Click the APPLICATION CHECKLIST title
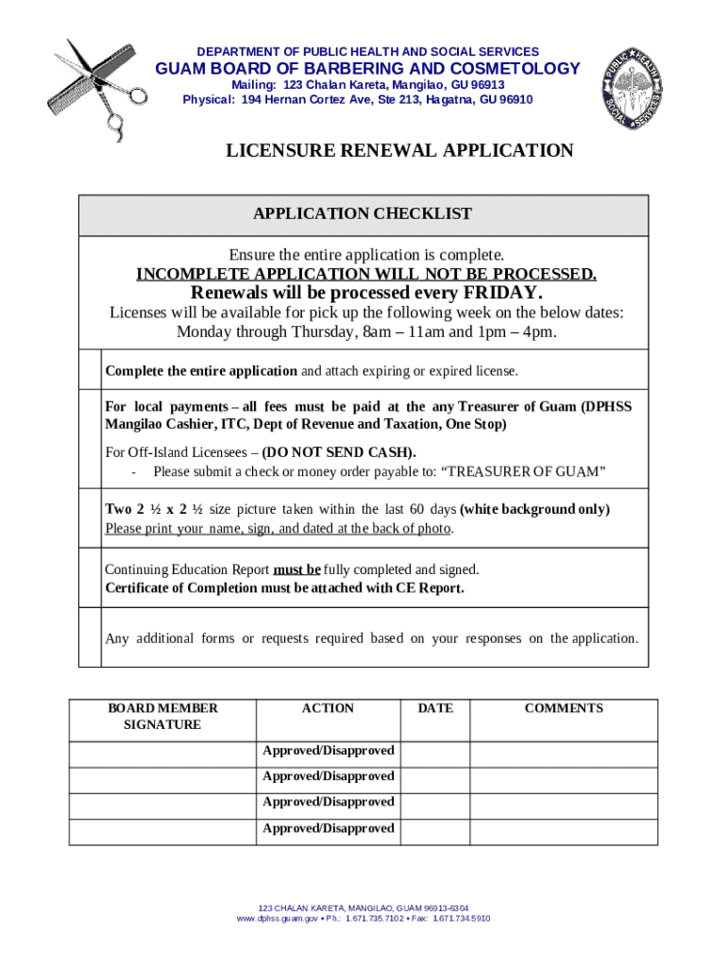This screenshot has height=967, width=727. (363, 214)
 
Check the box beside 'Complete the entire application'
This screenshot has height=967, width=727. (90, 369)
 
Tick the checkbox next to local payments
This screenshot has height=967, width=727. (90, 438)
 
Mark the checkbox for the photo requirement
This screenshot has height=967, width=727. (90, 517)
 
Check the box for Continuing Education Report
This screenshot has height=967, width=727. (90, 578)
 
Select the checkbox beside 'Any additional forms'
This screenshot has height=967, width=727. (90, 637)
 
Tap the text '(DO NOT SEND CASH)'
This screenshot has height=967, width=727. (339, 452)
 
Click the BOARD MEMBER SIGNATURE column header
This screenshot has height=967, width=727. (162, 717)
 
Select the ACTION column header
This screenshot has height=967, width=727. (328, 708)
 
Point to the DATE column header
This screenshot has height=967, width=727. (435, 708)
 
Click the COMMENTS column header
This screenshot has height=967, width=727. (564, 708)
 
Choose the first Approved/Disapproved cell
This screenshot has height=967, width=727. (328, 751)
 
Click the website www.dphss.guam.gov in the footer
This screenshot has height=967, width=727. (277, 918)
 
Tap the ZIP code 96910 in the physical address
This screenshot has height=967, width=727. (511, 100)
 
